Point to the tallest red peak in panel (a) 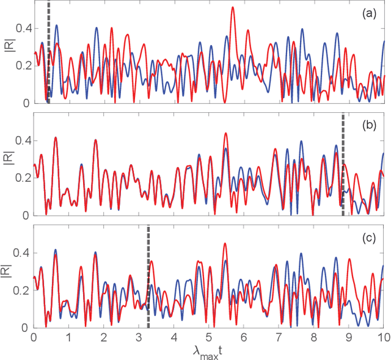coord(233,8)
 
